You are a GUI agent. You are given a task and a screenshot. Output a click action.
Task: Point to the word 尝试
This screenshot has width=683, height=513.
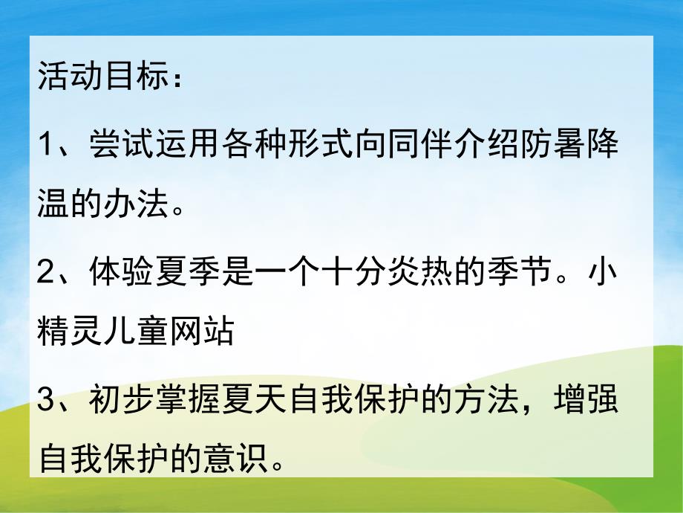click(x=118, y=144)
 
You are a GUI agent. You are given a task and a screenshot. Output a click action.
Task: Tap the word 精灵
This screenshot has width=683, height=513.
click(x=64, y=332)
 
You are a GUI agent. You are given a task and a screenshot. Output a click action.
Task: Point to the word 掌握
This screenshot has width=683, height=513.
click(x=171, y=402)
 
